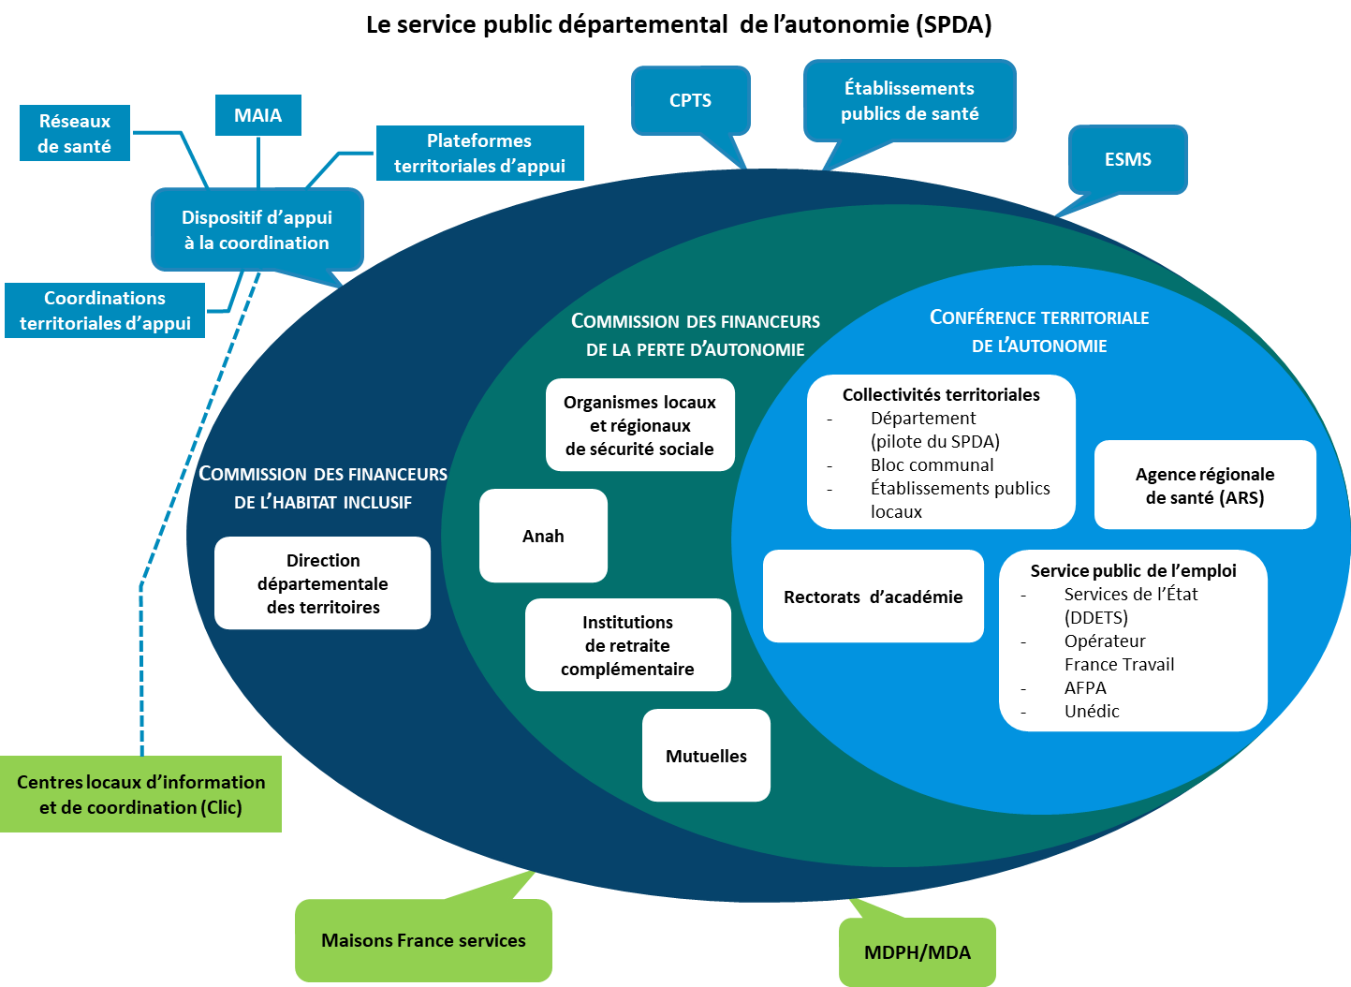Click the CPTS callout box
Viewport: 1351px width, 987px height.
pyautogui.click(x=690, y=100)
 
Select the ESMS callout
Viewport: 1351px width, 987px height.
pyautogui.click(x=1127, y=159)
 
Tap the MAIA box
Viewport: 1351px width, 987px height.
pyautogui.click(x=257, y=115)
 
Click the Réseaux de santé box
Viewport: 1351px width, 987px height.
pyautogui.click(x=74, y=133)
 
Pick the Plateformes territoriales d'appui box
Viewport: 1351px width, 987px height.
pyautogui.click(x=479, y=153)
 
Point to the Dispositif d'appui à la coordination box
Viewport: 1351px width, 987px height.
pyautogui.click(x=257, y=229)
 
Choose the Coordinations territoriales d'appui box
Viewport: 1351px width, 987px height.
pyautogui.click(x=105, y=310)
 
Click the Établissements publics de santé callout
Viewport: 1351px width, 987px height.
pyautogui.click(x=909, y=100)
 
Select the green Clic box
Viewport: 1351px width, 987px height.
pyautogui.click(x=140, y=794)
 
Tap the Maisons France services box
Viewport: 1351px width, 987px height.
pyautogui.click(x=423, y=940)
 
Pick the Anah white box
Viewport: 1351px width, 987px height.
pyautogui.click(x=543, y=536)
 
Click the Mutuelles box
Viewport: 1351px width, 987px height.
pyautogui.click(x=706, y=756)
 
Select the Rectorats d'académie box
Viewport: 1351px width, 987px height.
pyautogui.click(x=873, y=597)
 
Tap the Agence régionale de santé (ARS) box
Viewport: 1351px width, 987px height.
pyautogui.click(x=1204, y=485)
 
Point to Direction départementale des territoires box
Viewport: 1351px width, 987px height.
pyautogui.click(x=322, y=583)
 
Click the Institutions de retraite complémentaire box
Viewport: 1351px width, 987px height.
pyautogui.click(x=627, y=645)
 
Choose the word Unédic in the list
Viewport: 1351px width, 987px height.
pyautogui.click(x=1092, y=711)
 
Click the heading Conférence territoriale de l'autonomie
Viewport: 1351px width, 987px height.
pyautogui.click(x=1039, y=331)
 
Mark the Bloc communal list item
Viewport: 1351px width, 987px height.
pyautogui.click(x=932, y=464)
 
